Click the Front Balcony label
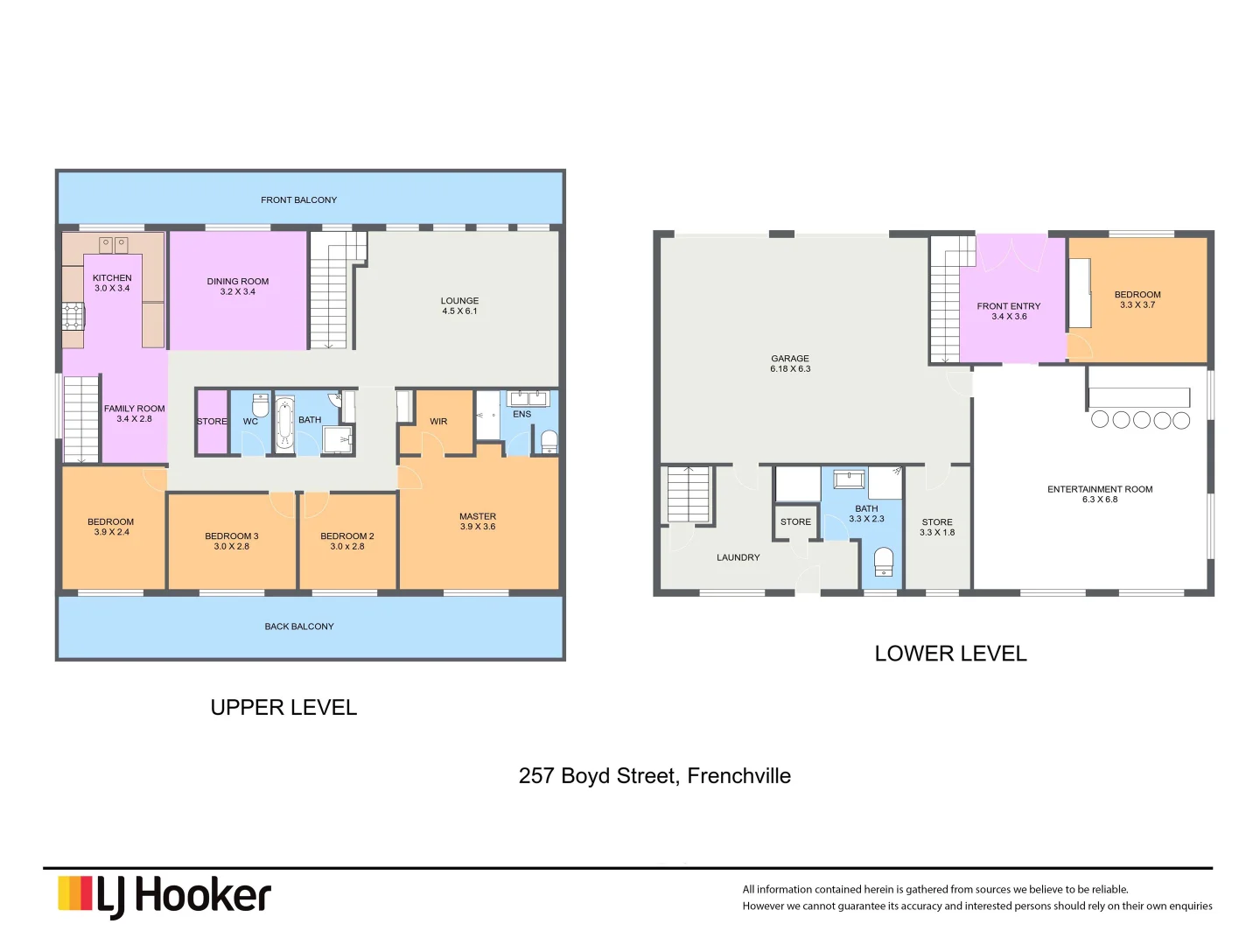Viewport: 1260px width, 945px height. point(298,200)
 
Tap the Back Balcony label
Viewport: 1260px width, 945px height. point(299,626)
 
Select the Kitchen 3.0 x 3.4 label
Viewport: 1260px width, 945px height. point(112,283)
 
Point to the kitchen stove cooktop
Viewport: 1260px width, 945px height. point(73,316)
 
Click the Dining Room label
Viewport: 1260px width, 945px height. point(238,287)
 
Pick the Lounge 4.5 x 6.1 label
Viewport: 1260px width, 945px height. point(459,305)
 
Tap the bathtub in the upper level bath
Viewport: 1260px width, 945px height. point(284,424)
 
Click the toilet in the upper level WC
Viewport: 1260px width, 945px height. point(260,406)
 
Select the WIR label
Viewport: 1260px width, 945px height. point(438,422)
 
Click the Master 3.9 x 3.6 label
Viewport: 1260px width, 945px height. point(478,521)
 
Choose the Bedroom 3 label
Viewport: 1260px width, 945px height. point(232,541)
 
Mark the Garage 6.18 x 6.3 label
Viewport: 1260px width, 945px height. point(790,363)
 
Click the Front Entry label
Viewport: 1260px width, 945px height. point(1009,311)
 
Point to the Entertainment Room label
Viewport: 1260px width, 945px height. point(1100,494)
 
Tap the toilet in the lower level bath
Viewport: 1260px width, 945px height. point(884,561)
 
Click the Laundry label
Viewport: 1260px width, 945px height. point(738,557)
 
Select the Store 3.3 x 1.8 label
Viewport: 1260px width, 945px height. point(937,527)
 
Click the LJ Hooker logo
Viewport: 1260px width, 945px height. point(164,896)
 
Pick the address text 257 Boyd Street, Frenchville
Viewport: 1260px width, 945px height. point(654,776)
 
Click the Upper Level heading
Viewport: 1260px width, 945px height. point(283,708)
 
